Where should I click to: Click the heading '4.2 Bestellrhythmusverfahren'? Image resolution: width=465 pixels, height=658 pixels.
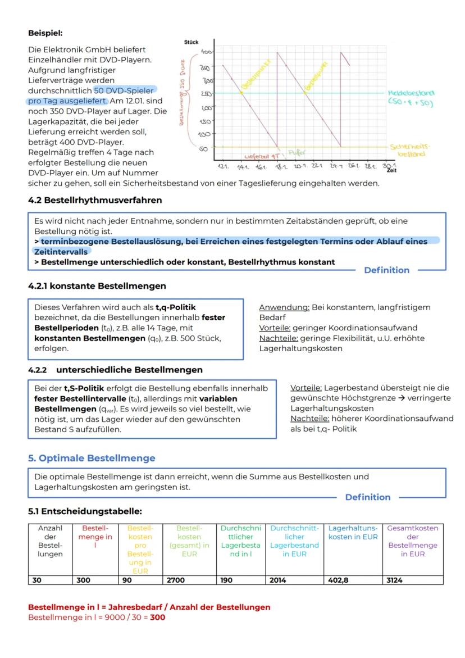click(x=95, y=199)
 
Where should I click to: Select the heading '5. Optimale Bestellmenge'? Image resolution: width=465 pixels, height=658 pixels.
click(x=92, y=458)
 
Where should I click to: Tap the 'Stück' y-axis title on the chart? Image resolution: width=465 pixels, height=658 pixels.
click(x=191, y=42)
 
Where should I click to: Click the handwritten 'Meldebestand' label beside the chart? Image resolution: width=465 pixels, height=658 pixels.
click(x=411, y=93)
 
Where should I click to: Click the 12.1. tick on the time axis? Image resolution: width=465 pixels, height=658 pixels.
click(x=224, y=167)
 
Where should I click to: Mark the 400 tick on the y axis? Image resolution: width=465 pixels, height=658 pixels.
click(x=206, y=52)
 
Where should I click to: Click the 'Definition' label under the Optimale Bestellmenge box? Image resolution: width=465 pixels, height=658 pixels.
click(x=367, y=497)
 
